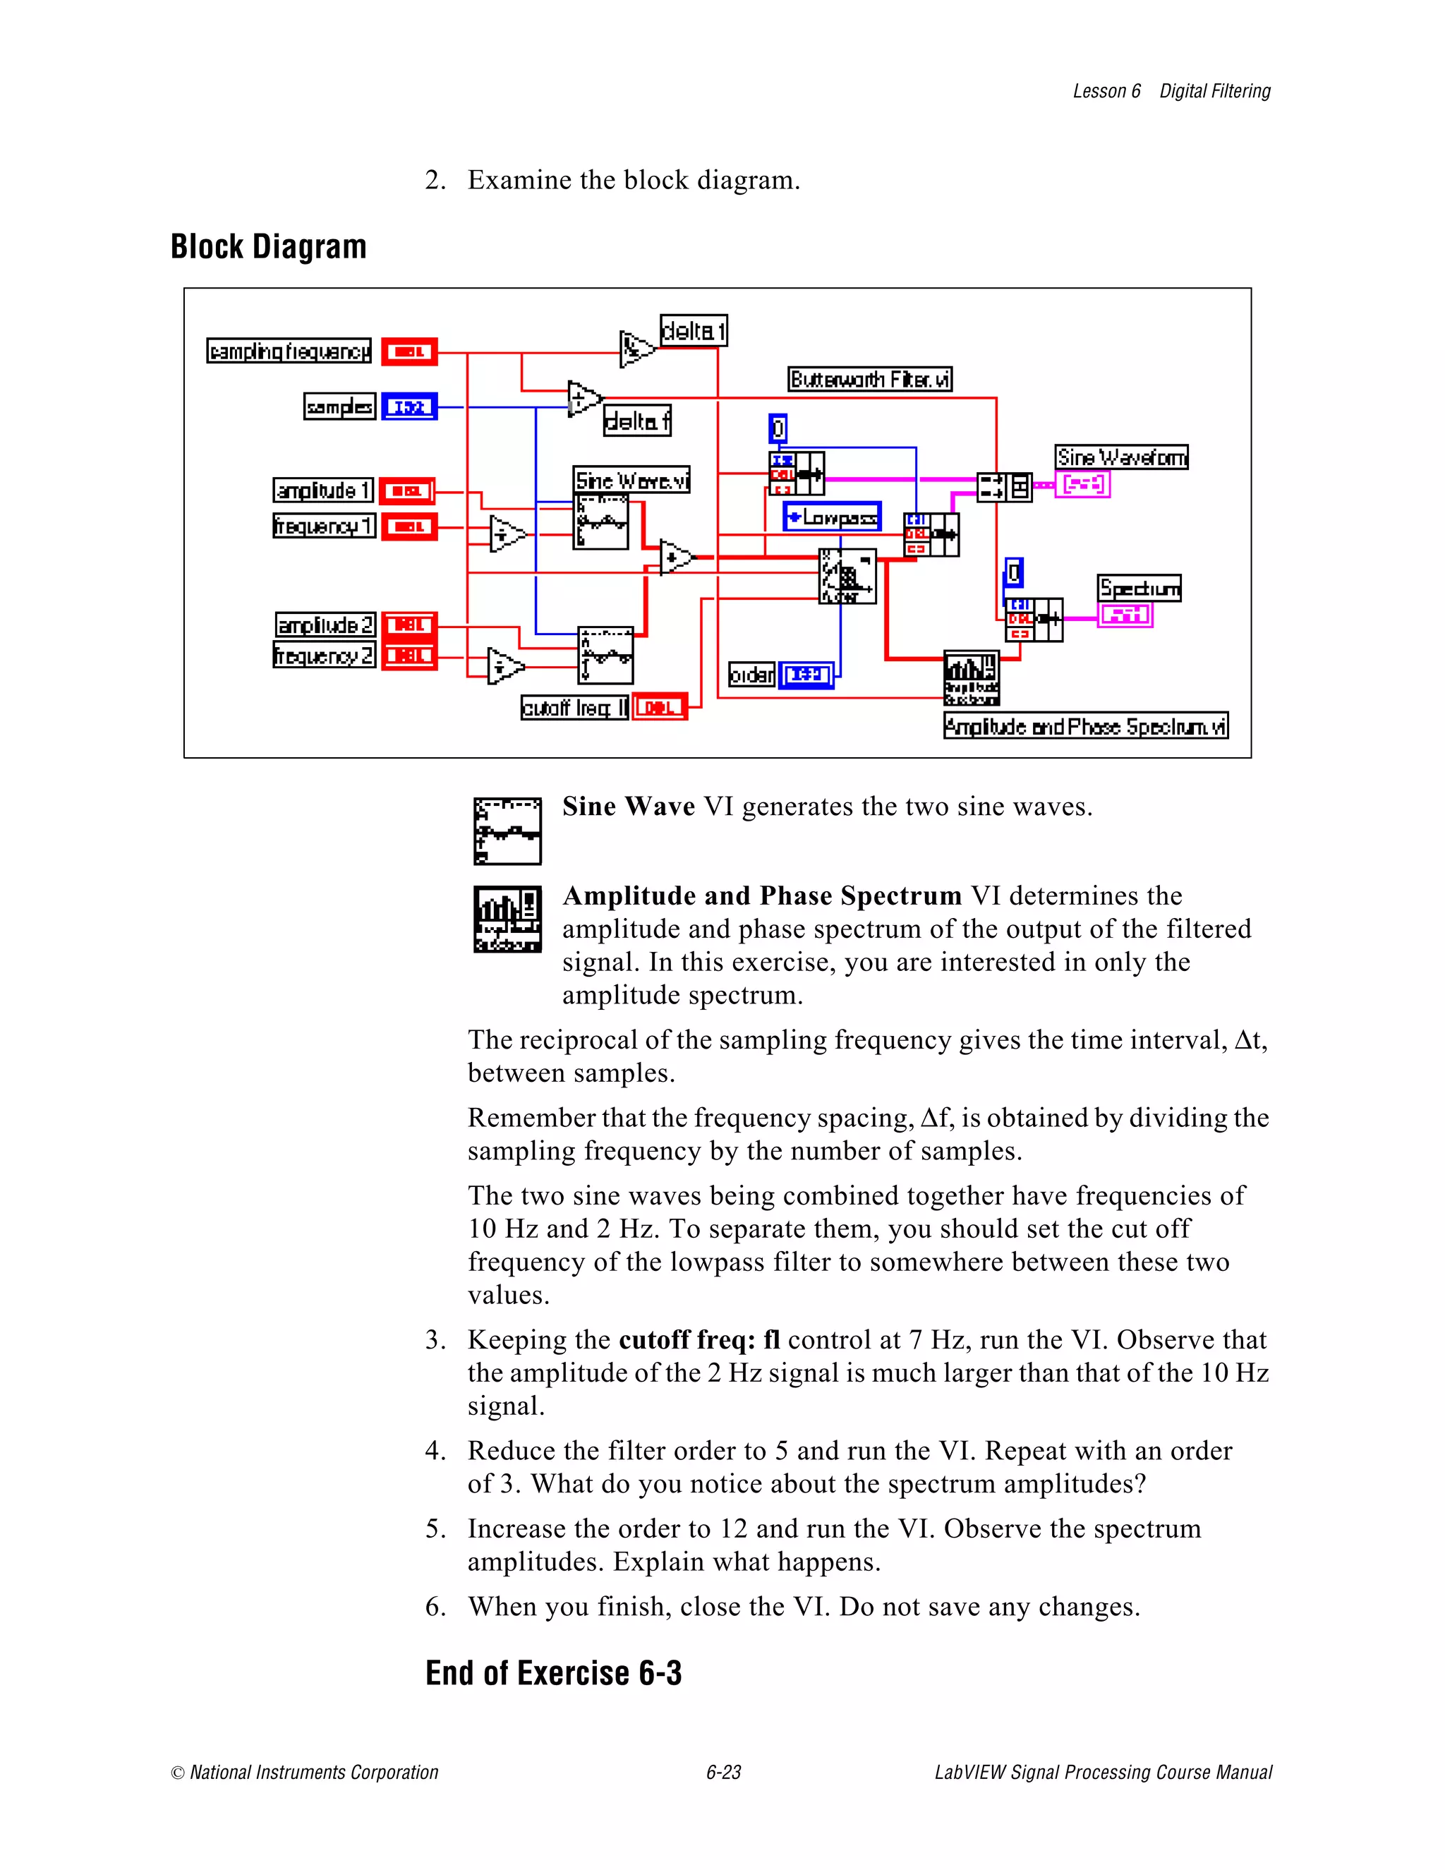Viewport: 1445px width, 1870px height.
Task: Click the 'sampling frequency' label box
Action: pos(289,351)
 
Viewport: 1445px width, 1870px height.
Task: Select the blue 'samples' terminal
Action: pos(409,406)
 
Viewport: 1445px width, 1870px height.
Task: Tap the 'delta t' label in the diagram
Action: pos(694,330)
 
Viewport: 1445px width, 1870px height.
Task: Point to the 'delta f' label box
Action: pos(637,421)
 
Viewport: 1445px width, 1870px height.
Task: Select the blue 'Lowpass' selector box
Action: pos(831,517)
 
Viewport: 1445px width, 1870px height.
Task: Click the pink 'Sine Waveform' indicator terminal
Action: pos(1083,485)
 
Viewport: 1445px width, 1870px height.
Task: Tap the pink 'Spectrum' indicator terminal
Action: pos(1125,615)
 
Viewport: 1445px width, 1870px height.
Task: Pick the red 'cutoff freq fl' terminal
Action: pos(659,707)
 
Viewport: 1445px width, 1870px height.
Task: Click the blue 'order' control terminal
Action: pos(806,675)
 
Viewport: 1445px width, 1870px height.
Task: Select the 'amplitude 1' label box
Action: pos(322,490)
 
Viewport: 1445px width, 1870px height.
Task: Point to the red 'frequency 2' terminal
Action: pos(409,656)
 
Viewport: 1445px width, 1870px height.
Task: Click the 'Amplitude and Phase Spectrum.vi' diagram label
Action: pos(1085,726)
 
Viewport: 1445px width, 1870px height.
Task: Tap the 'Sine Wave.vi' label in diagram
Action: pos(631,481)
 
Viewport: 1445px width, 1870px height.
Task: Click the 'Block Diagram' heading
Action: pos(269,246)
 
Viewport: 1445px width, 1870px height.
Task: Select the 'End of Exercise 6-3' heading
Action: pos(553,1672)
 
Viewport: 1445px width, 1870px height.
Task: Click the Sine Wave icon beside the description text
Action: pos(507,831)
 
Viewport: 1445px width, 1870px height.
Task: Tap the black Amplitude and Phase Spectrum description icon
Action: pos(507,919)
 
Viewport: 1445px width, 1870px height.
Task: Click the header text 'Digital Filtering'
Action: pos(1215,92)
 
